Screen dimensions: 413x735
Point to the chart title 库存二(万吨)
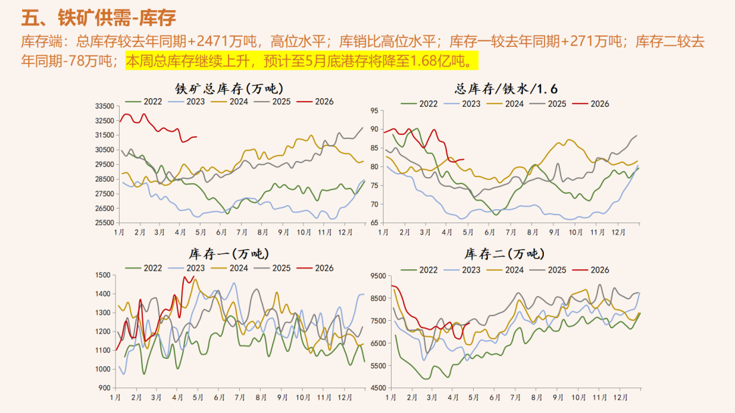point(504,253)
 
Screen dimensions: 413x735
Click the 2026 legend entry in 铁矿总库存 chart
point(316,102)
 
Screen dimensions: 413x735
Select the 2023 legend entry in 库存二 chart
point(465,269)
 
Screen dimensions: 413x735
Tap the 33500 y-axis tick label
point(104,106)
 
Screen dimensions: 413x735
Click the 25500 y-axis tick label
point(104,223)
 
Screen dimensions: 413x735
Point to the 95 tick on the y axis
point(375,111)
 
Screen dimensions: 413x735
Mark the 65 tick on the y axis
point(375,223)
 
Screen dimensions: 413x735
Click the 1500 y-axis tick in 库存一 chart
point(102,275)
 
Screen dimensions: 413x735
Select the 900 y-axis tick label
point(104,388)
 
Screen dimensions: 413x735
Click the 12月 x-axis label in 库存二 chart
point(620,397)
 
